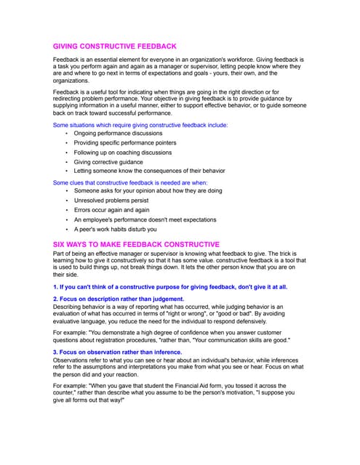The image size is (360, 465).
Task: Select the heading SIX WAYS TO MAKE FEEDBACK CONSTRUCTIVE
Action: tap(136, 243)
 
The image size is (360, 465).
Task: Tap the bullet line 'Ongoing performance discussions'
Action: tap(118, 134)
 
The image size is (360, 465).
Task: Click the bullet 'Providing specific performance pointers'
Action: tap(125, 143)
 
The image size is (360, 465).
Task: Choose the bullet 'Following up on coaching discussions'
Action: tap(123, 153)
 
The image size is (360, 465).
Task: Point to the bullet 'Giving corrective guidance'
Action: tap(108, 162)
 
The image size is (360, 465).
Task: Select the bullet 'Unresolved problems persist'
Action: tap(113, 200)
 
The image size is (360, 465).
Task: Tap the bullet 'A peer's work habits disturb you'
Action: tap(115, 229)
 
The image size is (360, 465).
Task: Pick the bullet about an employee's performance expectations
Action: tap(145, 219)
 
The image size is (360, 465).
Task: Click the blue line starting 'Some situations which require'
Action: tap(140, 125)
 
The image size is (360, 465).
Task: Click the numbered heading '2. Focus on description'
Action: tap(119, 299)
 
